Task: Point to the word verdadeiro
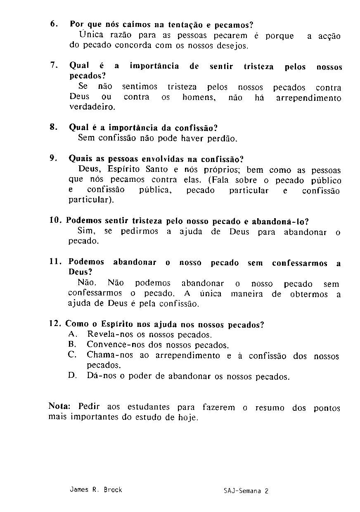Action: pos(92,107)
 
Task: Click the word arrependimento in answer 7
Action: pos(308,98)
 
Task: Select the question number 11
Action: pos(55,261)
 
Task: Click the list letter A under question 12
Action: pos(71,334)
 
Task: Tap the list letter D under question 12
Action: pos(71,376)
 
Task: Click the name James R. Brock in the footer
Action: pos(96,490)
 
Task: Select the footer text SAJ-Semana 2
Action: pos(246,491)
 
